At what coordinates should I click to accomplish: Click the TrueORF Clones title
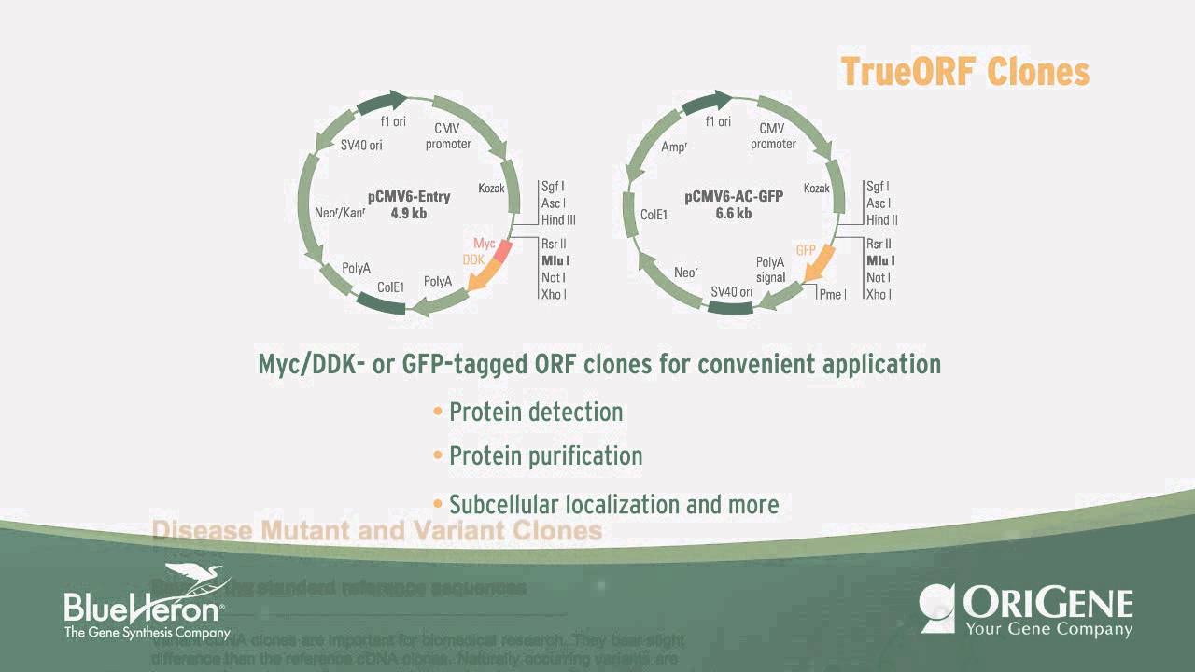pos(964,72)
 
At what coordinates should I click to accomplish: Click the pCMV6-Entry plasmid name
pos(409,197)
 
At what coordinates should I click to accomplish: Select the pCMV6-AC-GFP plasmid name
pos(733,197)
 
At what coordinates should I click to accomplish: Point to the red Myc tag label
pos(484,244)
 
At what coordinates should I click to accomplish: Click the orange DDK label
pos(473,260)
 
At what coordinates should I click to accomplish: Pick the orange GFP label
pos(806,251)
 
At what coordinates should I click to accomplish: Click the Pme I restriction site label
pos(832,294)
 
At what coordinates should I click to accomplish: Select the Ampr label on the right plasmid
pos(674,147)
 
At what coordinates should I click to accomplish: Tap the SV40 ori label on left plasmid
pos(361,145)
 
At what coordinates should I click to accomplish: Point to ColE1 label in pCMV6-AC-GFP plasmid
pos(654,214)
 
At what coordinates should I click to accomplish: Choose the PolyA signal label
pos(770,270)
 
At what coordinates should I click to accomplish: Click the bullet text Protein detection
pos(535,412)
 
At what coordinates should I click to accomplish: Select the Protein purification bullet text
pos(545,456)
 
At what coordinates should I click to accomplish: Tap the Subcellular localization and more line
pos(613,505)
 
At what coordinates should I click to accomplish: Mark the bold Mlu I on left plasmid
pos(555,260)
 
